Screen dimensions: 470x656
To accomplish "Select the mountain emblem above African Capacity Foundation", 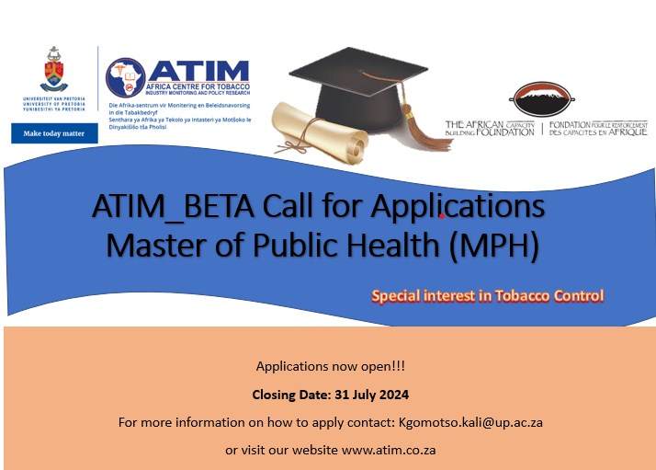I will click(x=546, y=99).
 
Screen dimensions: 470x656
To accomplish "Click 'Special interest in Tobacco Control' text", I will click(x=487, y=296).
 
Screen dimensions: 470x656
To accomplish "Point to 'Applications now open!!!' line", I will click(x=331, y=366).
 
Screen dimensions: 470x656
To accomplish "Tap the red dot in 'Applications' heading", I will click(x=443, y=217).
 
